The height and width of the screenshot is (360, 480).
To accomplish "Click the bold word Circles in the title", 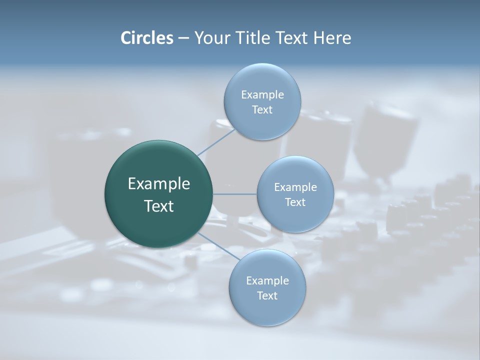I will click(146, 38).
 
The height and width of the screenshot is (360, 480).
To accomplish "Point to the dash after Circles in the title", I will click(183, 38).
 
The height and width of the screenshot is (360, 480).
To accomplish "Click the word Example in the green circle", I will click(158, 184).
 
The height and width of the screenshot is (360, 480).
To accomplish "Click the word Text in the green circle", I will click(158, 206).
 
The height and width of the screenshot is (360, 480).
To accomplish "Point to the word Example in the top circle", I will click(262, 95).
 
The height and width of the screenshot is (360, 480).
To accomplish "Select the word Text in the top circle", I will click(262, 110).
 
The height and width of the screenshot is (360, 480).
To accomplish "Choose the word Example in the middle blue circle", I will click(295, 187).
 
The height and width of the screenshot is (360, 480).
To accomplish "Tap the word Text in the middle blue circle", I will click(295, 202).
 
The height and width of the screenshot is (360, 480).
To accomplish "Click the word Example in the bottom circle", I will click(267, 281).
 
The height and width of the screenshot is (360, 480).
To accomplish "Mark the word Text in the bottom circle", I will click(267, 296).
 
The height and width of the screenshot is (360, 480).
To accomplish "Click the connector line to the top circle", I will click(216, 142).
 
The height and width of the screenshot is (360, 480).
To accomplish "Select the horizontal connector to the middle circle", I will click(234, 194).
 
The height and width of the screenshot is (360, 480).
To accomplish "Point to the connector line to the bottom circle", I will click(218, 245).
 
